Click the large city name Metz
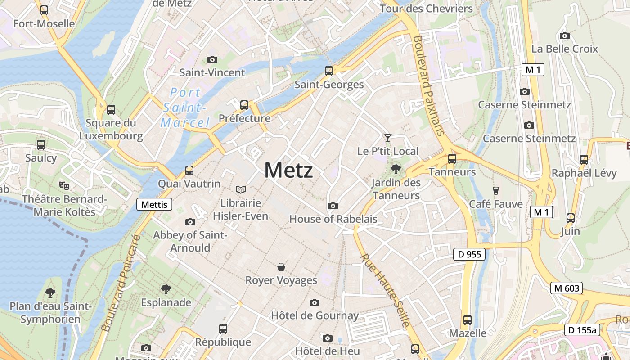[x=288, y=171]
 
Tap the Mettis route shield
[x=154, y=205]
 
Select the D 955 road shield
[x=469, y=254]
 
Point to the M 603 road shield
[x=566, y=288]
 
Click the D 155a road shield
[x=582, y=330]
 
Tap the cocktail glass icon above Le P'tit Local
[x=387, y=138]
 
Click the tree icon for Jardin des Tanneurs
[x=396, y=169]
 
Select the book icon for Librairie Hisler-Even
[x=241, y=189]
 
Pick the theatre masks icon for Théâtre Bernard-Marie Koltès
[x=64, y=185]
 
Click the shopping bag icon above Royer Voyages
[x=281, y=267]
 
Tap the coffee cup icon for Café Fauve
[x=496, y=190]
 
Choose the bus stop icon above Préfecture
[x=244, y=105]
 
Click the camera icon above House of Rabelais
[x=333, y=206]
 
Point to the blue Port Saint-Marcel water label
[x=185, y=108]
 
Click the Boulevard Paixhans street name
[x=427, y=85]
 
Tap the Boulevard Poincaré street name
[x=121, y=283]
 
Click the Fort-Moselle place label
[x=44, y=23]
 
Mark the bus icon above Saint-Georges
[x=329, y=71]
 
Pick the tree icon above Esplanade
[x=166, y=289]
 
